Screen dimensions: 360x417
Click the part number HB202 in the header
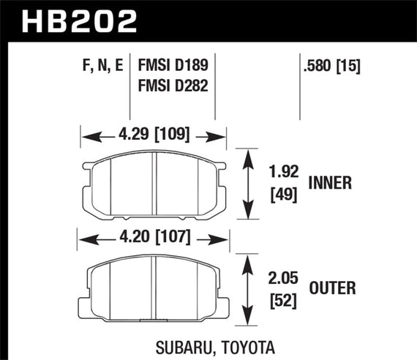pyautogui.click(x=80, y=21)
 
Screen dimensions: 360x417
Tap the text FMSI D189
pyautogui.click(x=173, y=67)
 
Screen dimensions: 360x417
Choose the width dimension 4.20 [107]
pyautogui.click(x=151, y=239)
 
